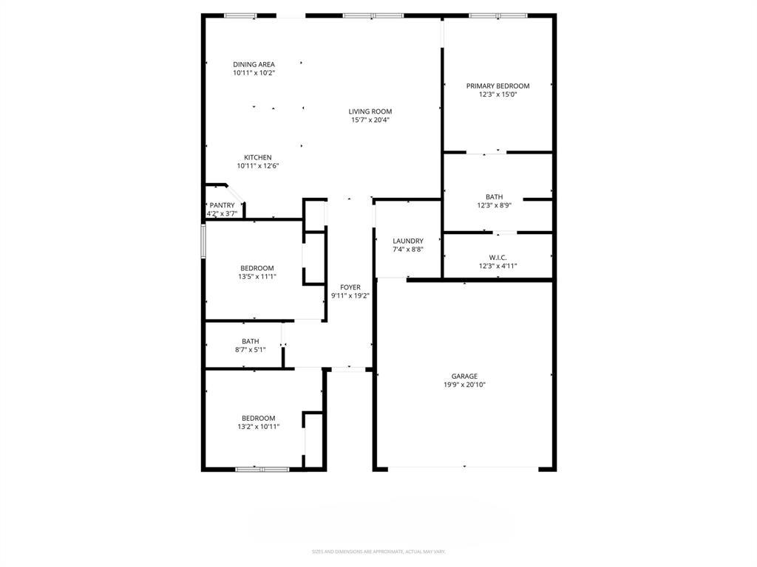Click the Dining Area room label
[254, 64]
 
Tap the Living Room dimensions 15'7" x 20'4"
[370, 120]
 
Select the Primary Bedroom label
[498, 86]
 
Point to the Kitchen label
[258, 157]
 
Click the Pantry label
[222, 205]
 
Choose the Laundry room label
[408, 241]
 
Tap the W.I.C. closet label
[498, 257]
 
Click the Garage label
[464, 376]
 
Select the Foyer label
[350, 287]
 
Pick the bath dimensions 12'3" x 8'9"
[495, 205]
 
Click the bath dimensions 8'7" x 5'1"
[250, 350]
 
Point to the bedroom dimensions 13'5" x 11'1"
[257, 277]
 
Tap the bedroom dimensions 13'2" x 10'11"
[258, 427]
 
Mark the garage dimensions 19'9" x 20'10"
[464, 385]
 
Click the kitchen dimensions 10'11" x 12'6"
[258, 166]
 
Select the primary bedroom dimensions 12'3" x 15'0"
[498, 94]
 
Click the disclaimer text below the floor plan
[378, 551]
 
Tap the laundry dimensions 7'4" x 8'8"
[408, 250]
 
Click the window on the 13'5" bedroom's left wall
[204, 241]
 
